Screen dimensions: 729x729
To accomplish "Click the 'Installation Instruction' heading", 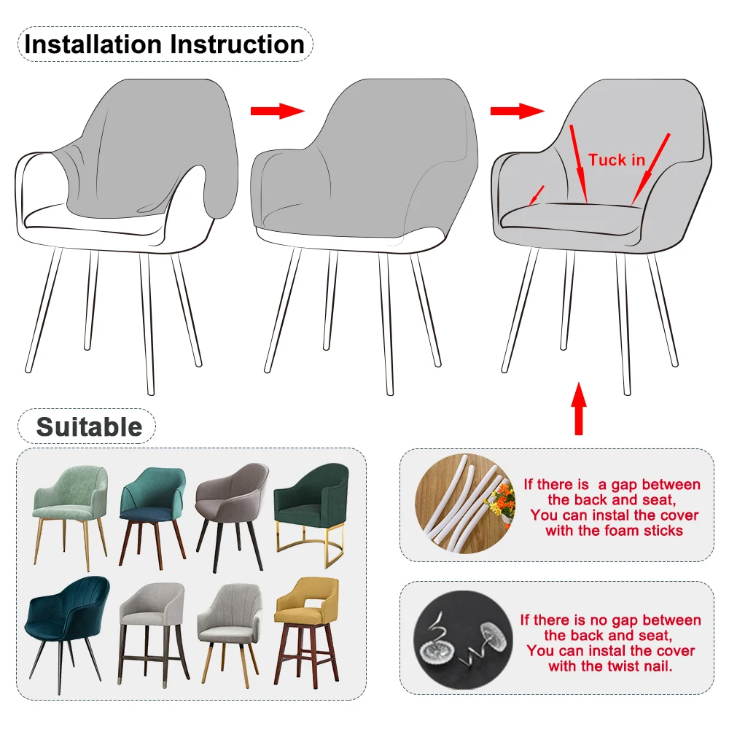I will point(164,44).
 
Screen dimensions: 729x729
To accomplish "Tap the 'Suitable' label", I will point(88,426).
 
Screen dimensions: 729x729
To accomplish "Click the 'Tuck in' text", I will point(617,160).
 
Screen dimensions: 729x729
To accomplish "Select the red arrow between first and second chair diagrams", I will point(276,111).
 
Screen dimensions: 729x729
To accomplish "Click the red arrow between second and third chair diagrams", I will point(516,111).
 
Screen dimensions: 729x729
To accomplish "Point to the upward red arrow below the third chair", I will point(578,408).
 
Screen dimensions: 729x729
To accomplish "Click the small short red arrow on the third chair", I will point(536,195).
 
